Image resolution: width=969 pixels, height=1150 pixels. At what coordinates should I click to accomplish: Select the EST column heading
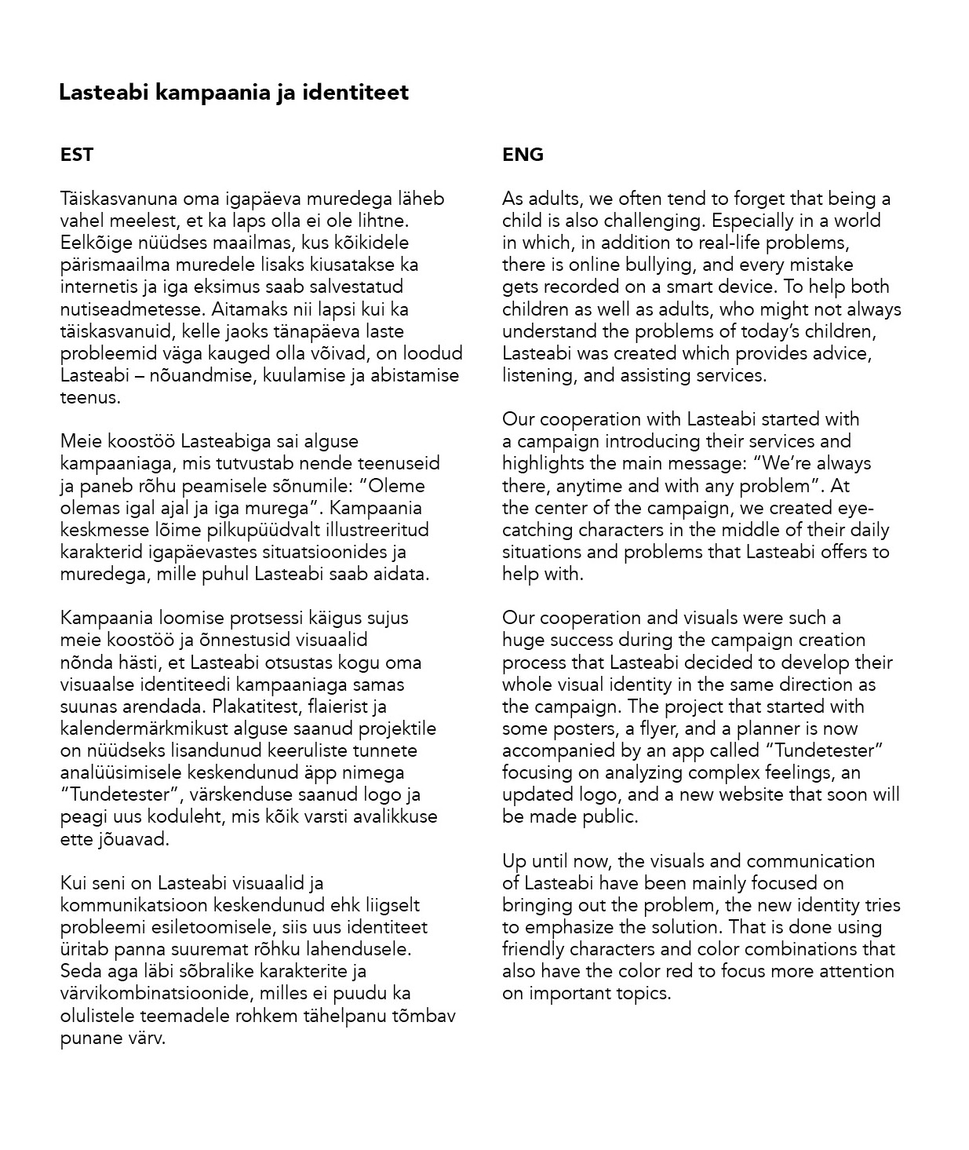point(77,155)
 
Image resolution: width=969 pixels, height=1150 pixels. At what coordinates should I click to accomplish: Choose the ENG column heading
point(523,155)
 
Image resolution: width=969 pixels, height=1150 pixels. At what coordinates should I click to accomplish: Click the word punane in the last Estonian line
point(89,1039)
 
